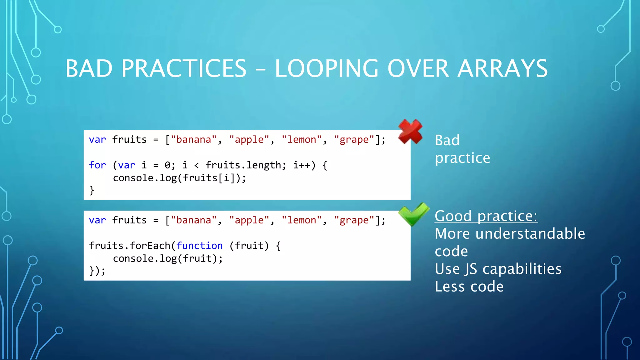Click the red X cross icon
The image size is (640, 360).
(x=410, y=132)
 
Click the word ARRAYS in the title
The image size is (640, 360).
(x=502, y=68)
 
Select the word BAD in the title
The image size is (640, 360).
(x=89, y=68)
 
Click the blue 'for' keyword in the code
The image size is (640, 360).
(x=97, y=165)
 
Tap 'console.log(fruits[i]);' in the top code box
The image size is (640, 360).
(x=179, y=178)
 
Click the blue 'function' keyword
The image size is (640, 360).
(x=199, y=246)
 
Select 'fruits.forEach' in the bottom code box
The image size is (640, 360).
(x=129, y=246)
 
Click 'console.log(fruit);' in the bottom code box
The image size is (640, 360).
(x=168, y=259)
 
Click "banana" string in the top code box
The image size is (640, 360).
(x=194, y=139)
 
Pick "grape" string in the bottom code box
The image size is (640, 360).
(x=354, y=220)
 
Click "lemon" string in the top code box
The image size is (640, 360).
(x=302, y=139)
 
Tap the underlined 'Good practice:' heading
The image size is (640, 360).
(x=486, y=216)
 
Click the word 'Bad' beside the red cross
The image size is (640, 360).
(x=447, y=140)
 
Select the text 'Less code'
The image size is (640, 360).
(x=469, y=287)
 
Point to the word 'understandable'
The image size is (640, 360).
(x=530, y=234)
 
